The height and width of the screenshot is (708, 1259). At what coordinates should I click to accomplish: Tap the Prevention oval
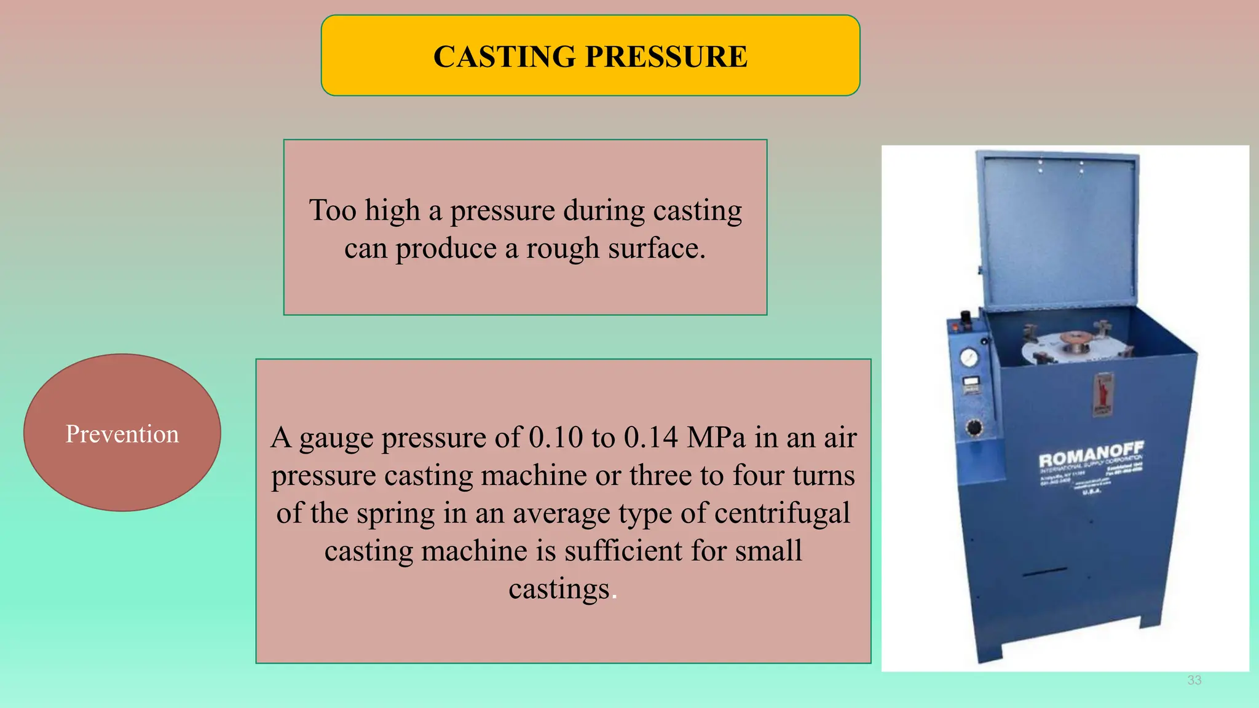122,433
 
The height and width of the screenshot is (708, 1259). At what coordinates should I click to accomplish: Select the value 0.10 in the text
555,438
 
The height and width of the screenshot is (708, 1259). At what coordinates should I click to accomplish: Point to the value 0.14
650,438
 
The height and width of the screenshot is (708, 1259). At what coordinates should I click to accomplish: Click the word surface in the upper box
655,249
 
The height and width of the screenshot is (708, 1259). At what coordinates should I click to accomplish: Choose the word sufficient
623,551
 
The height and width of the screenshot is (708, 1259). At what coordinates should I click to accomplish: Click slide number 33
1194,680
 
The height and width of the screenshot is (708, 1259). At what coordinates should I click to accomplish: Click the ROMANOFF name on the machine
1090,455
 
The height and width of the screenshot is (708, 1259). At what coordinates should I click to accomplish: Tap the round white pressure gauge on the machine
969,357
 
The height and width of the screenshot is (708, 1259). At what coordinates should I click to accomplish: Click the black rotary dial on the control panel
974,427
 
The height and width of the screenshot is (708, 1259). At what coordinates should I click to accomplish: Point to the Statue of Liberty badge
1103,394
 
